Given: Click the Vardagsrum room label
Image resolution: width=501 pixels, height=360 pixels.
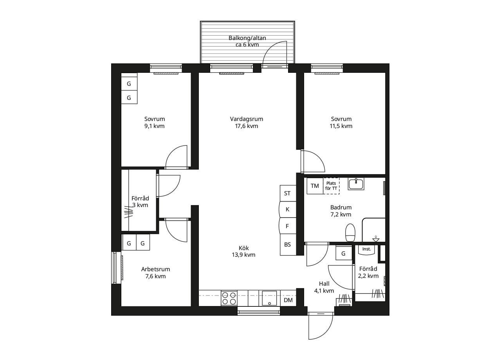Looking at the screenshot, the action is point(247,119).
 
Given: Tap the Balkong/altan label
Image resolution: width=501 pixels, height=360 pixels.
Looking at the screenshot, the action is point(247,38).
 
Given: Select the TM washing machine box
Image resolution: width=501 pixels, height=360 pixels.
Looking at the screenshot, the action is point(315,186).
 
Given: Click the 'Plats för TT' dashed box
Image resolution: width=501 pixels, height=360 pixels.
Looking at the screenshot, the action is point(331,186).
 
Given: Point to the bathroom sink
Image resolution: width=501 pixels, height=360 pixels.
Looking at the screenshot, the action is point(356,184).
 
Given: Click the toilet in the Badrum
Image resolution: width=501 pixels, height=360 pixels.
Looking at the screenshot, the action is point(350,233).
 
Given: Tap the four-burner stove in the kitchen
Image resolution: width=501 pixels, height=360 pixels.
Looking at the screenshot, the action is point(229,298).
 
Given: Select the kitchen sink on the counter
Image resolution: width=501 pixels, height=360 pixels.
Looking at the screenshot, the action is point(269,298).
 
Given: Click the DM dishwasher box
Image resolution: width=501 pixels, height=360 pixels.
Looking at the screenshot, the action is point(288,300).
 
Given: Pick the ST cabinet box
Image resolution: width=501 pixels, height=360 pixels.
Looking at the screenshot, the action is point(288,193).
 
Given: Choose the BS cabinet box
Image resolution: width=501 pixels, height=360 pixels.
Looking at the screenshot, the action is point(288,245).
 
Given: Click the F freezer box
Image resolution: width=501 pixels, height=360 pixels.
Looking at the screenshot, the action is point(288,226).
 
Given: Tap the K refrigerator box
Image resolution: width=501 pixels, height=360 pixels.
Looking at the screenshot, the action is point(288,209).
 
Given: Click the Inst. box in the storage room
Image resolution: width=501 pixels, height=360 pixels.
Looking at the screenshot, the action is point(366,250).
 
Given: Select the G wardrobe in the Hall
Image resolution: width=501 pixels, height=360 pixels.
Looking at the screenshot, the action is point(344,253).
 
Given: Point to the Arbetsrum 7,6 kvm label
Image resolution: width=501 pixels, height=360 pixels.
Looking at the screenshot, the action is point(155,273).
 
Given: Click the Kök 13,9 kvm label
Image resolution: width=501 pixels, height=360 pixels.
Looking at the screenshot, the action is point(243,251).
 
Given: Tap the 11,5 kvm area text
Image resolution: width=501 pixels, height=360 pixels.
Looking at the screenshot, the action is point(341,126).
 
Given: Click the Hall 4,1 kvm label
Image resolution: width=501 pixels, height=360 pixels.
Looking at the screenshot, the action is point(324,287).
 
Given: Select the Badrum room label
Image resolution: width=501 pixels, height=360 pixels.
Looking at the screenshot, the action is point(341,207).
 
